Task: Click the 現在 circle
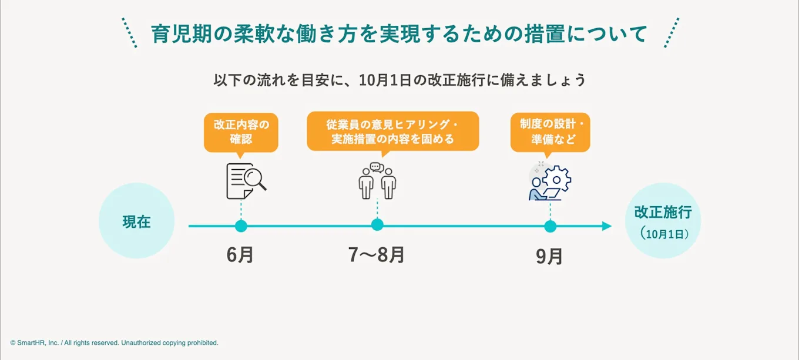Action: pos(136,221)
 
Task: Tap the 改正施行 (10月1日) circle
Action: pos(663,221)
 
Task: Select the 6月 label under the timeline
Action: pos(240,255)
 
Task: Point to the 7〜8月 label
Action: pos(377,255)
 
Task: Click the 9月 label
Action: pos(550,257)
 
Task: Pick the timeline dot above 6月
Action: pos(240,226)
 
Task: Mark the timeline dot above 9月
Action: pos(550,226)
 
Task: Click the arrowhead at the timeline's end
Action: pos(607,226)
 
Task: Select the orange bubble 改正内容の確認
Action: pos(241,132)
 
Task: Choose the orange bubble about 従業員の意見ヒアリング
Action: pos(392,132)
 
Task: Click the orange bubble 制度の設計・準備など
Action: pos(550,132)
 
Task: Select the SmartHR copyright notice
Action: pos(114,342)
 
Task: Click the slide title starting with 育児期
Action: pos(399,34)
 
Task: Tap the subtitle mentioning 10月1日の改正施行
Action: pos(399,80)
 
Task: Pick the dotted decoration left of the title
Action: pos(129,33)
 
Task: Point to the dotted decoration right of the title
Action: pos(670,33)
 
